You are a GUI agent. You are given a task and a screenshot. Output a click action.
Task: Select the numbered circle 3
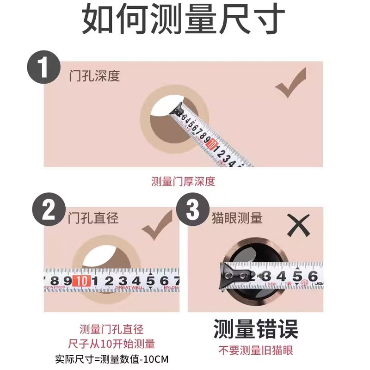click(191, 212)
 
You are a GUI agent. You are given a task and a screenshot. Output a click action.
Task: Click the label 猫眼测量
click(236, 217)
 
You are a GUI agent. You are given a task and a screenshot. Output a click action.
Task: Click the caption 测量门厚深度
click(183, 181)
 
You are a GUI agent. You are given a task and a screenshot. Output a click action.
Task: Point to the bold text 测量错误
click(255, 329)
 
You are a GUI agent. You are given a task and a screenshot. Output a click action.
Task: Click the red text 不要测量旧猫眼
click(255, 350)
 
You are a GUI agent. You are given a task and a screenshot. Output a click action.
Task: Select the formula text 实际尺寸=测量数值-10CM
click(111, 359)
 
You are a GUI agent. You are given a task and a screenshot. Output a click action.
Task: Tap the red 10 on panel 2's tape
click(81, 281)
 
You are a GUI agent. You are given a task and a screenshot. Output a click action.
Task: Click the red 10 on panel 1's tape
click(212, 145)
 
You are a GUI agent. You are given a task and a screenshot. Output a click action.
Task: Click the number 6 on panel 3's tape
click(312, 277)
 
